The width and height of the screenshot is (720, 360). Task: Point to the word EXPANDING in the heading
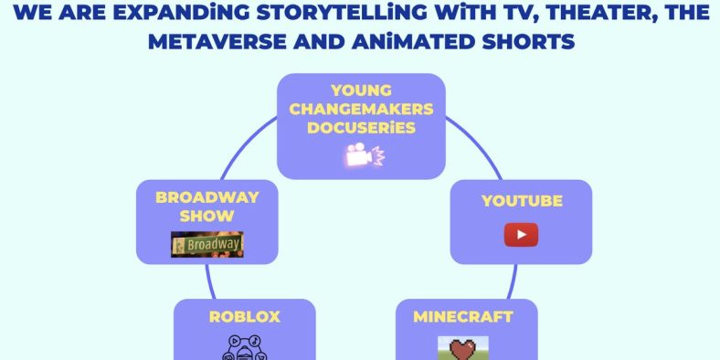(x=175, y=15)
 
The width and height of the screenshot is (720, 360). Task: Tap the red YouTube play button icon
(x=521, y=235)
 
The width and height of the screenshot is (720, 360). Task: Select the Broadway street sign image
(x=207, y=244)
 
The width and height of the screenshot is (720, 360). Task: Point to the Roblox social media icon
(x=244, y=348)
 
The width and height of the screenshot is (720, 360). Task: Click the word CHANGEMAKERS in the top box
(x=362, y=110)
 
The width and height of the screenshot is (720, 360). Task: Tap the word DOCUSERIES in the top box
(x=362, y=128)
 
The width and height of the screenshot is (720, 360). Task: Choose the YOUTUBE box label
(x=522, y=201)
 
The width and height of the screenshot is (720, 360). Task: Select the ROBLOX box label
(x=244, y=317)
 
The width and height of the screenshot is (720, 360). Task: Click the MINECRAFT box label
(x=463, y=317)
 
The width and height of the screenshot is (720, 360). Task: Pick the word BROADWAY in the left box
(x=207, y=197)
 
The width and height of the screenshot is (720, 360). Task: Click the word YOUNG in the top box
(x=362, y=91)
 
